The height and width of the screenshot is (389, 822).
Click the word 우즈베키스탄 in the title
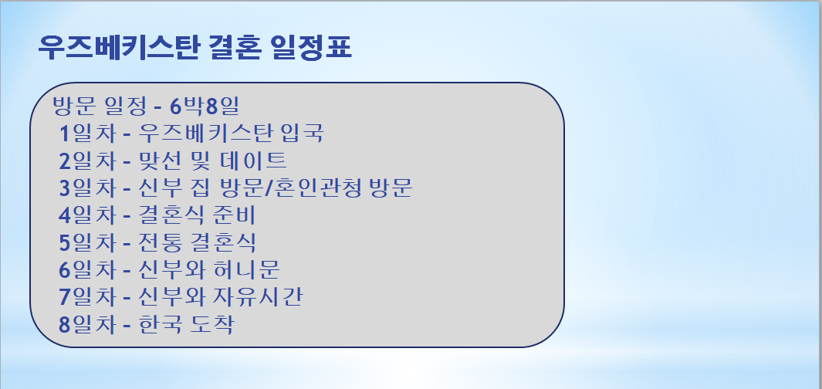pyautogui.click(x=120, y=48)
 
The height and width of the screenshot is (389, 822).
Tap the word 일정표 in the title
pyautogui.click(x=312, y=48)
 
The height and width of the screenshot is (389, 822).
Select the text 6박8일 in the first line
pyautogui.click(x=205, y=107)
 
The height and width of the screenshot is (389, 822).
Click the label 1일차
pyautogui.click(x=87, y=134)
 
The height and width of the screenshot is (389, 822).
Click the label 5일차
pyautogui.click(x=87, y=242)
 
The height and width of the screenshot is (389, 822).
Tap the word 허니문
pyautogui.click(x=246, y=270)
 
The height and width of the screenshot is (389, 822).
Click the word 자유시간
pyautogui.click(x=257, y=297)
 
